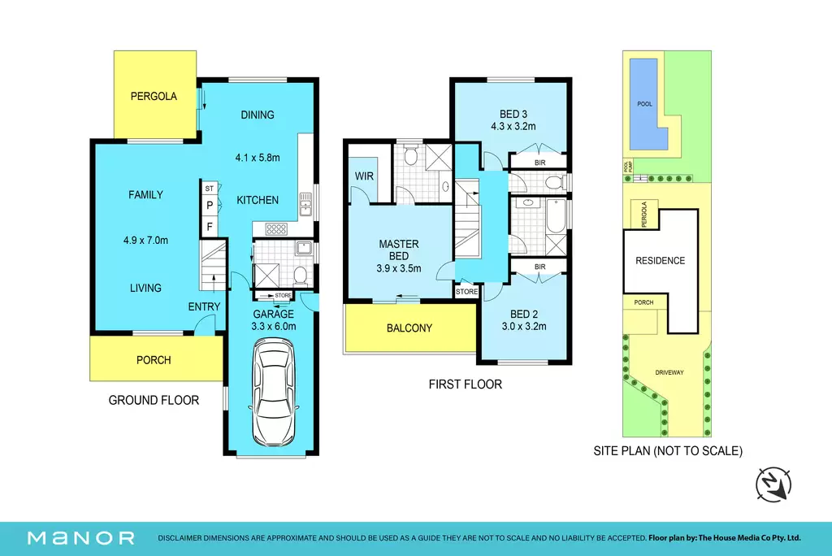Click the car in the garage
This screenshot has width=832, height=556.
point(273,393)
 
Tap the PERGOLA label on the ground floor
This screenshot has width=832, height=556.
point(154,96)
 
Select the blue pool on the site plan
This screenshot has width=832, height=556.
point(648,104)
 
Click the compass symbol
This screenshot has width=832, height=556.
point(773,484)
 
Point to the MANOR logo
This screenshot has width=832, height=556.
point(81,538)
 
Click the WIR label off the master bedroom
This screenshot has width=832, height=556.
point(364,176)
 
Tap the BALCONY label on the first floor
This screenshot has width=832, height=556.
point(409,328)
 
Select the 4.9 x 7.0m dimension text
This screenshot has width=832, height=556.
point(146,240)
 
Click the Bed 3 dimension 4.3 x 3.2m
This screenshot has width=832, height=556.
point(513,126)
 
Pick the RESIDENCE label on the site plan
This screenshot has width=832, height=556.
point(660,261)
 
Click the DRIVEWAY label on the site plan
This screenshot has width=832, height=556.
point(669,373)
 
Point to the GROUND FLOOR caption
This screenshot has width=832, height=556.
point(154,401)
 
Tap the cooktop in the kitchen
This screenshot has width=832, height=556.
point(276,229)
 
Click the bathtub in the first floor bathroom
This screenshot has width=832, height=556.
point(556,215)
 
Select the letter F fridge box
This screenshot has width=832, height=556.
point(210,227)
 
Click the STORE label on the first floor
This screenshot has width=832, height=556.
point(466,292)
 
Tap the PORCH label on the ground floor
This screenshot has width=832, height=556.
point(154,360)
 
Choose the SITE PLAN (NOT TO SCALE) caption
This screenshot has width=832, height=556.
point(668,451)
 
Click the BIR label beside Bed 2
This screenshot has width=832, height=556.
point(540,267)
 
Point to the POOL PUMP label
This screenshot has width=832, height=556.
point(628,166)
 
